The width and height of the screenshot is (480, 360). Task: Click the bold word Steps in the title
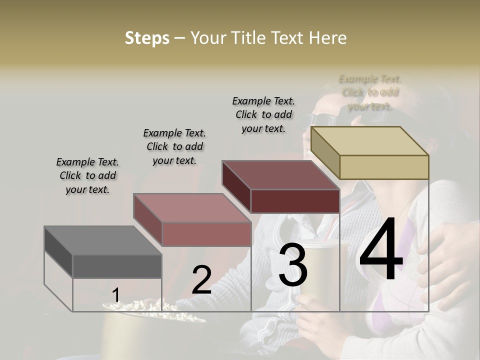pyautogui.click(x=147, y=38)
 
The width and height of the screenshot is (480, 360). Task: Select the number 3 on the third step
pyautogui.click(x=293, y=266)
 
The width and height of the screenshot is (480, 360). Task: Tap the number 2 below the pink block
pyautogui.click(x=201, y=280)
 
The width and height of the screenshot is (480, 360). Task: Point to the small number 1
pyautogui.click(x=115, y=296)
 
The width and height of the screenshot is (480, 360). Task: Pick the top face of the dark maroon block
pyautogui.click(x=280, y=175)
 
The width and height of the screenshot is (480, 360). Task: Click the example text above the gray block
pyautogui.click(x=87, y=175)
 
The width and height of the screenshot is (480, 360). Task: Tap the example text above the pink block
pyautogui.click(x=174, y=146)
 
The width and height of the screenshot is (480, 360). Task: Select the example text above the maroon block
pyautogui.click(x=263, y=114)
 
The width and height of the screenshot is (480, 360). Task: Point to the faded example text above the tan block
pyautogui.click(x=370, y=92)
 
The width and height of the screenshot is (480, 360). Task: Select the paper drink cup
pyautogui.click(x=320, y=280)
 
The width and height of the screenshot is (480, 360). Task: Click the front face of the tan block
pyautogui.click(x=384, y=167)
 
